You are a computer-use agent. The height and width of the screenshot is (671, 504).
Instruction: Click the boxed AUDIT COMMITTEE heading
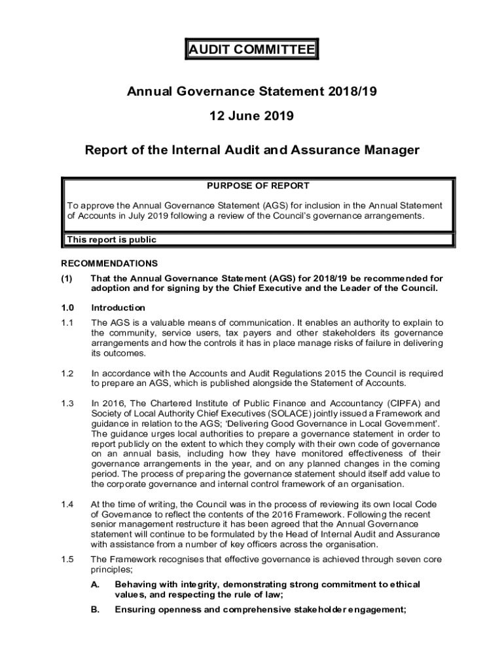pyautogui.click(x=251, y=50)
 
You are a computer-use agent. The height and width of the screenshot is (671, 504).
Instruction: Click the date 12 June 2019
pyautogui.click(x=251, y=117)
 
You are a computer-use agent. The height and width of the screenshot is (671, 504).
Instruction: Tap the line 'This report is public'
pyautogui.click(x=111, y=240)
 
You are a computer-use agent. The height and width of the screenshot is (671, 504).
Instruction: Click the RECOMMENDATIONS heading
pyautogui.click(x=109, y=263)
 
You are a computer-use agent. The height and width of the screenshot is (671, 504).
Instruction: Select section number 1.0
pyautogui.click(x=67, y=307)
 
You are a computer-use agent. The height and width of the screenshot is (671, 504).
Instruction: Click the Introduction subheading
pyautogui.click(x=118, y=307)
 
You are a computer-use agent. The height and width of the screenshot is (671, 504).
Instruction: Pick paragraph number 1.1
pyautogui.click(x=67, y=322)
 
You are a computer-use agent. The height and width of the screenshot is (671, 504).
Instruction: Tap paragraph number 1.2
pyautogui.click(x=67, y=374)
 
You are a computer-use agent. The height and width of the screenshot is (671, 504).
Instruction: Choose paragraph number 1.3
pyautogui.click(x=67, y=404)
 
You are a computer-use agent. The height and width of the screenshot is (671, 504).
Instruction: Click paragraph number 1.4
pyautogui.click(x=67, y=504)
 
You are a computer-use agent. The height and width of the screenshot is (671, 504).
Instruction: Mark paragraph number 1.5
pyautogui.click(x=67, y=560)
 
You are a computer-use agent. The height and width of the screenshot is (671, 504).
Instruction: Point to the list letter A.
pyautogui.click(x=95, y=585)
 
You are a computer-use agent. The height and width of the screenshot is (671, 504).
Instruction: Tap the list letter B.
pyautogui.click(x=95, y=609)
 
